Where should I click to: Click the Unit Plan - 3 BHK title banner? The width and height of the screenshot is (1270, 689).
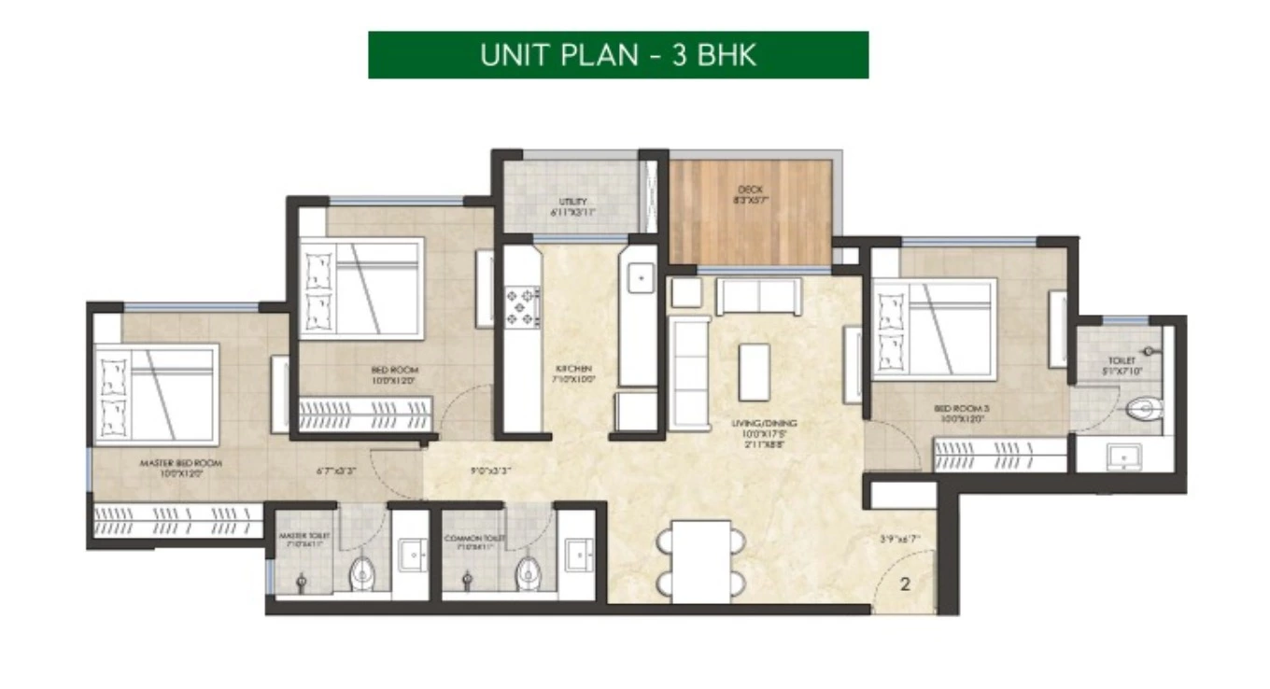point(618,55)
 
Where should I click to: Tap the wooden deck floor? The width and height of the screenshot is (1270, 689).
point(750,213)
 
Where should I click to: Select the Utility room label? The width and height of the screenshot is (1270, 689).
point(572,206)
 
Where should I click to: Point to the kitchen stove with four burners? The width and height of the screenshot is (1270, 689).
point(522,305)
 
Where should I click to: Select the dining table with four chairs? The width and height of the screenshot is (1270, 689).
point(701,560)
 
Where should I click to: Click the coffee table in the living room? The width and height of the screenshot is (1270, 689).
point(754,372)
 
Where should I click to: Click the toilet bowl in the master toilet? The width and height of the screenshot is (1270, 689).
point(361,572)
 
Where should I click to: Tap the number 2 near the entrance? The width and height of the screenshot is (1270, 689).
point(905,585)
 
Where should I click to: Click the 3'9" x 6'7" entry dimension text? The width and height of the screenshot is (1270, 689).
point(900,539)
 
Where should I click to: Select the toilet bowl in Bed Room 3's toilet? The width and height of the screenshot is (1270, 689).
point(1144,409)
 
